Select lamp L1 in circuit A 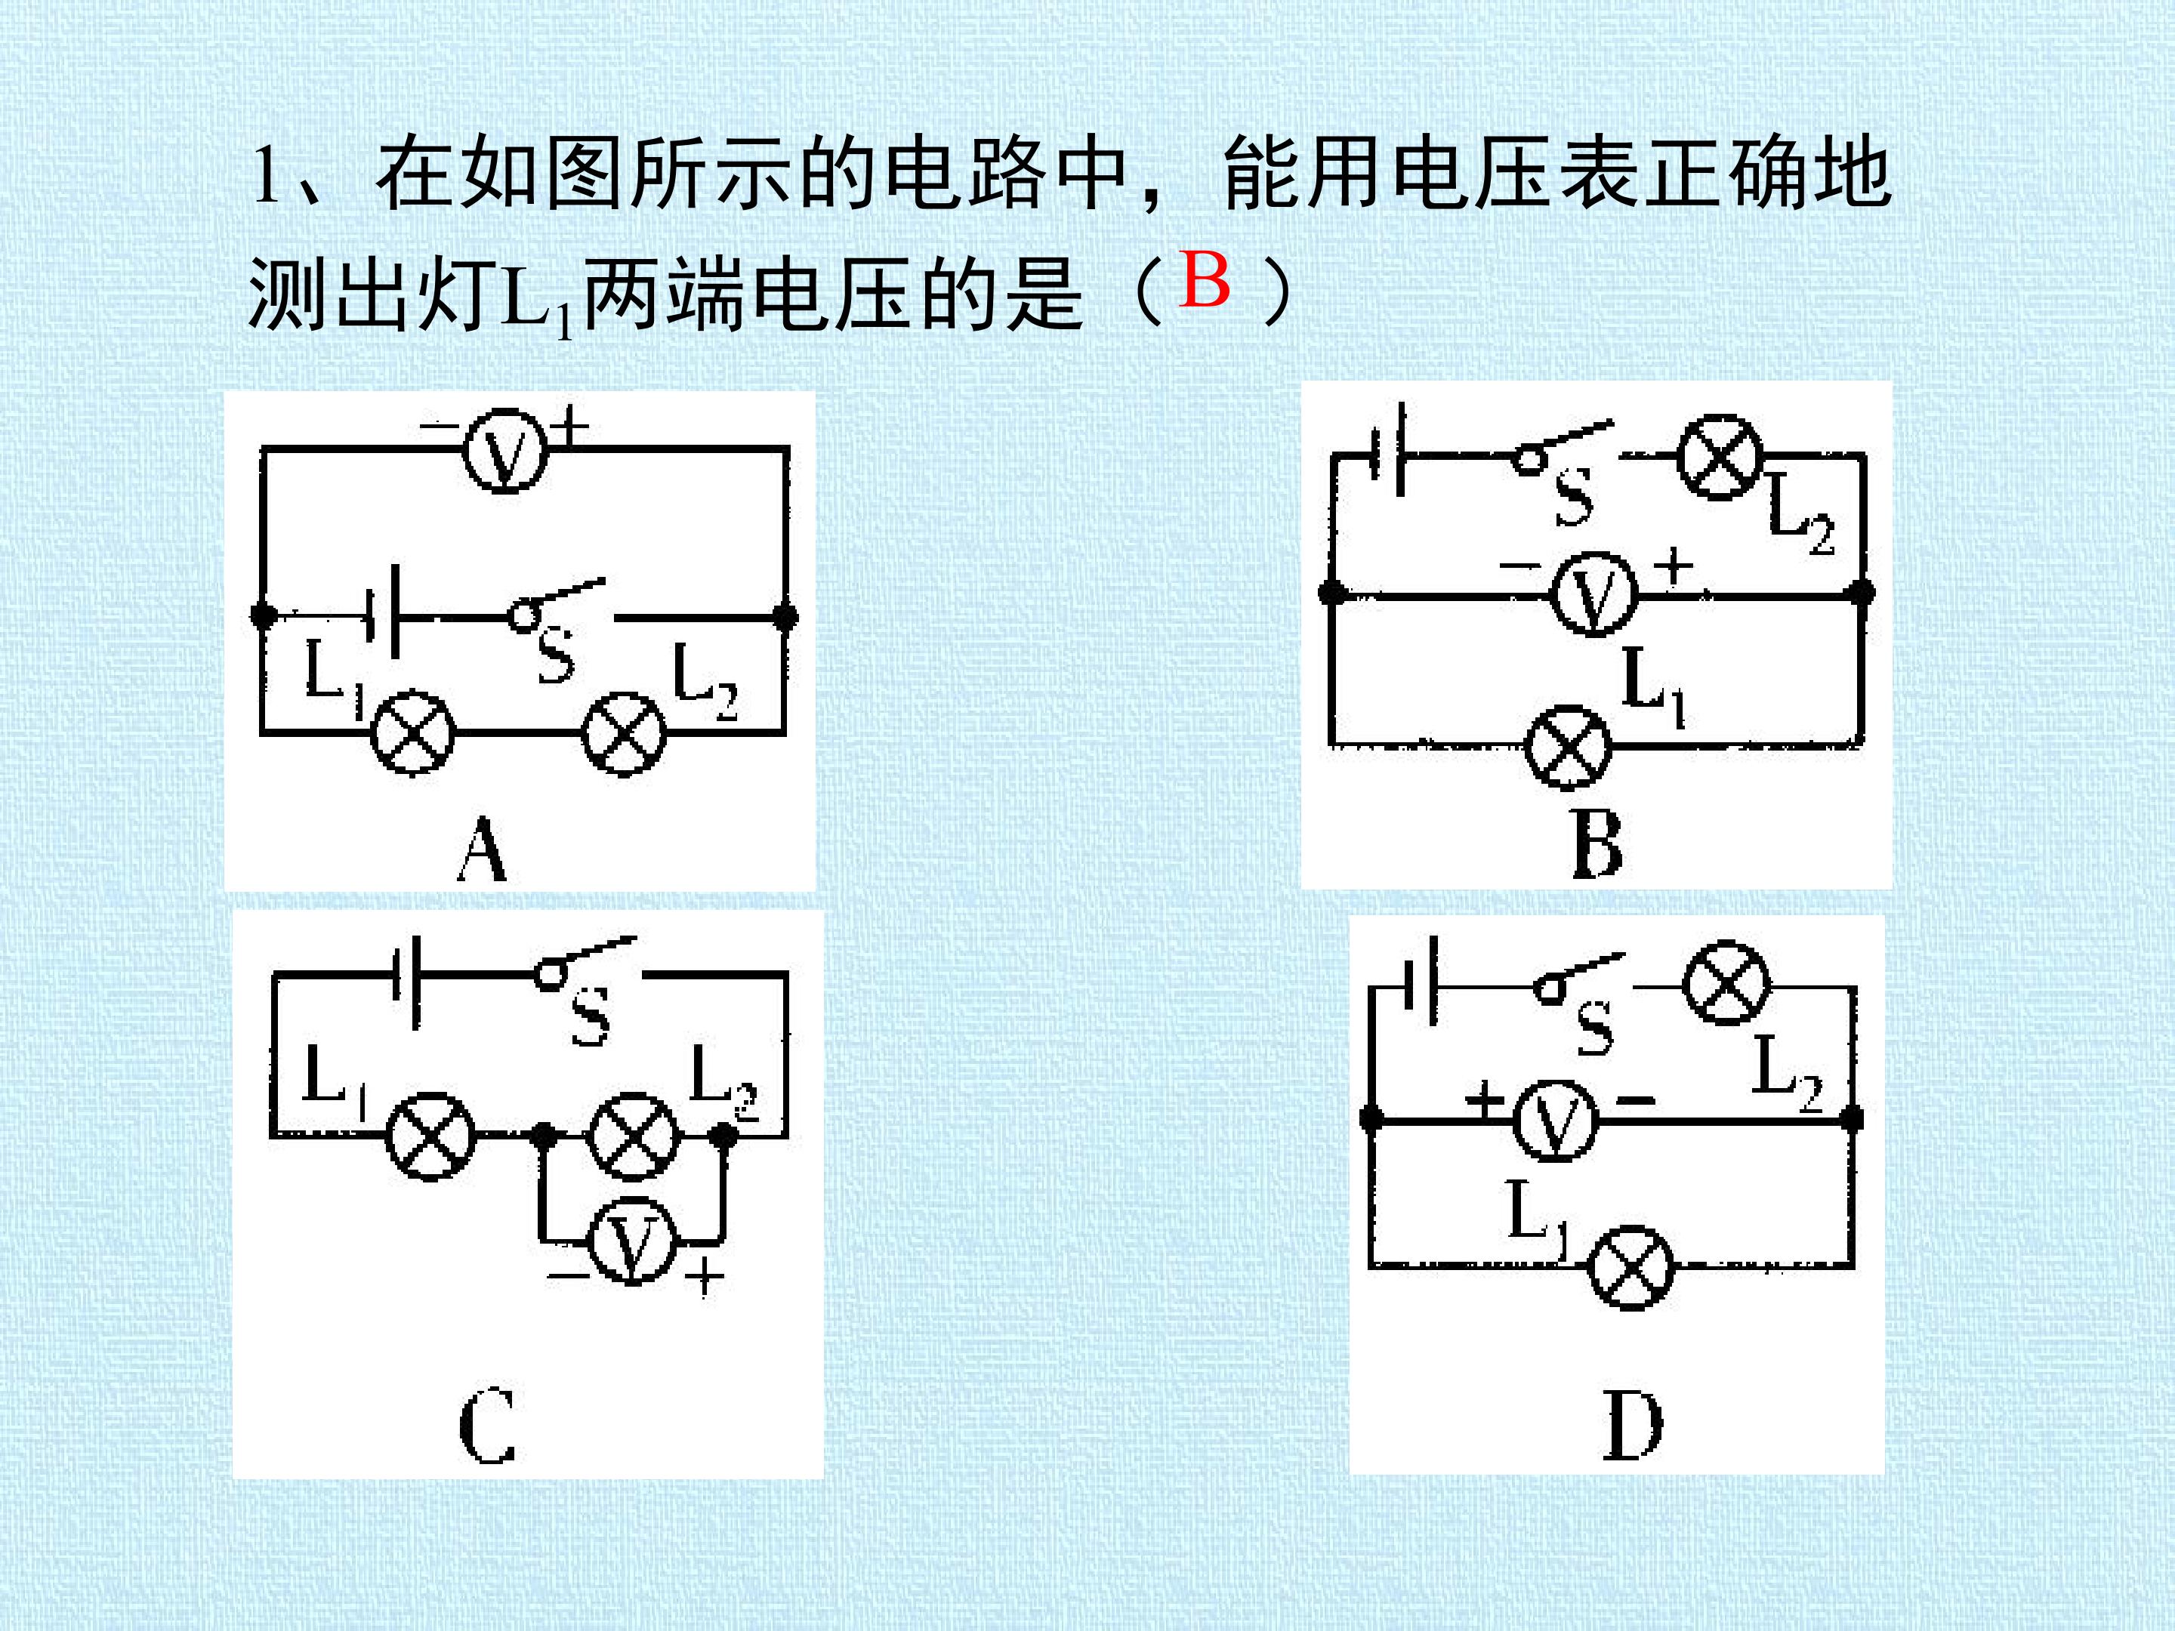pyautogui.click(x=412, y=733)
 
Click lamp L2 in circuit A pyautogui.click(x=623, y=733)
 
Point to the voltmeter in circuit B pyautogui.click(x=1594, y=594)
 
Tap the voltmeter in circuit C pyautogui.click(x=632, y=1241)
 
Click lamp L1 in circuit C pyautogui.click(x=430, y=1136)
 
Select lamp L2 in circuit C pyautogui.click(x=633, y=1136)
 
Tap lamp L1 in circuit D pyautogui.click(x=1631, y=1266)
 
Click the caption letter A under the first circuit pyautogui.click(x=482, y=850)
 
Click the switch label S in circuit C pyautogui.click(x=590, y=1016)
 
